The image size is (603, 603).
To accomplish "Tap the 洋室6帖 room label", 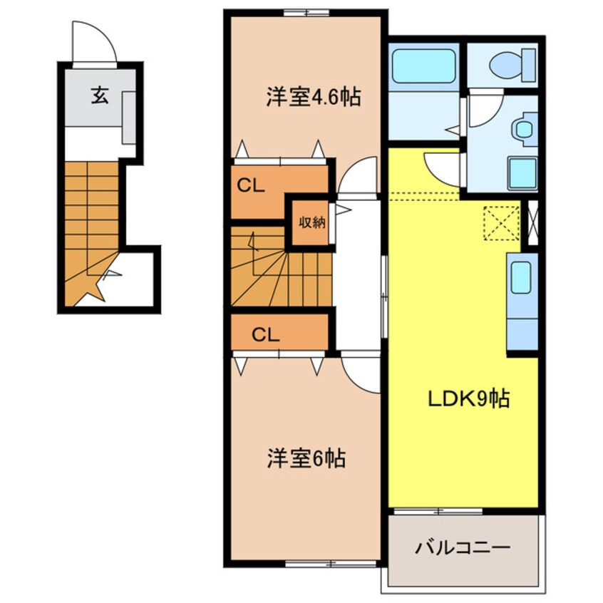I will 306,459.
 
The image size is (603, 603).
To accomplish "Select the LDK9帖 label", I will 468,400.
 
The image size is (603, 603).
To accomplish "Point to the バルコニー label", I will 463,548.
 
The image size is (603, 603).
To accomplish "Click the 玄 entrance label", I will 99,96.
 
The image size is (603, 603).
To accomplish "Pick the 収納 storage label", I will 311,222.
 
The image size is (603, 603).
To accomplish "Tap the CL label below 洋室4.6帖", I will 251,187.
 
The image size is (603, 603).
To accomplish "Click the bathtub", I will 424,66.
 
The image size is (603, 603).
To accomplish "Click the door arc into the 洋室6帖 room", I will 361,372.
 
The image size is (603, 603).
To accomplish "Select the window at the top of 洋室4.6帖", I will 306,12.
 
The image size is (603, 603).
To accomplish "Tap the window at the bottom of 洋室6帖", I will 331,563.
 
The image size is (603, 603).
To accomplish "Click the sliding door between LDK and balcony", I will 438,510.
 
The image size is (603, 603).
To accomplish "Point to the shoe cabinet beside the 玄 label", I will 129,117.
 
